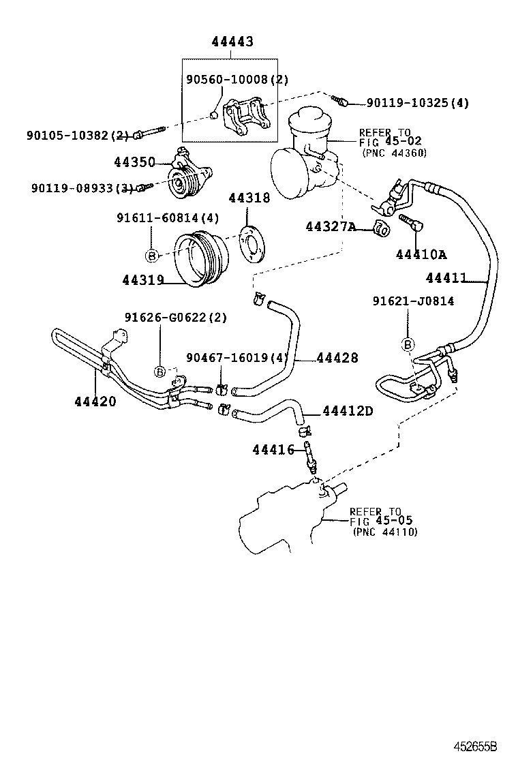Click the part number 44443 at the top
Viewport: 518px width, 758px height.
click(x=232, y=42)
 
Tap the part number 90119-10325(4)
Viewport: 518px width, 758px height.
click(x=417, y=103)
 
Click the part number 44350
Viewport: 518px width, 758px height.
click(x=134, y=162)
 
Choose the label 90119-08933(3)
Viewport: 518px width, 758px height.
click(x=81, y=188)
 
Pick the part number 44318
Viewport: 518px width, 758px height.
click(x=249, y=198)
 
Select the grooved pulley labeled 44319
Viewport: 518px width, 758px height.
click(x=197, y=260)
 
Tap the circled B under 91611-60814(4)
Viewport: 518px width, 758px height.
click(x=151, y=256)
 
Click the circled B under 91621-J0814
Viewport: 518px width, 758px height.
click(x=408, y=345)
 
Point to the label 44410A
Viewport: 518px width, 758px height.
click(x=421, y=255)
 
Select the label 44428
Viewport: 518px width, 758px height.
click(x=337, y=358)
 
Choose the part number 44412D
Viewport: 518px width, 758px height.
click(x=348, y=411)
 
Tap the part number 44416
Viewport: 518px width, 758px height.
click(x=273, y=450)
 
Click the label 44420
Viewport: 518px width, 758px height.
click(x=95, y=401)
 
